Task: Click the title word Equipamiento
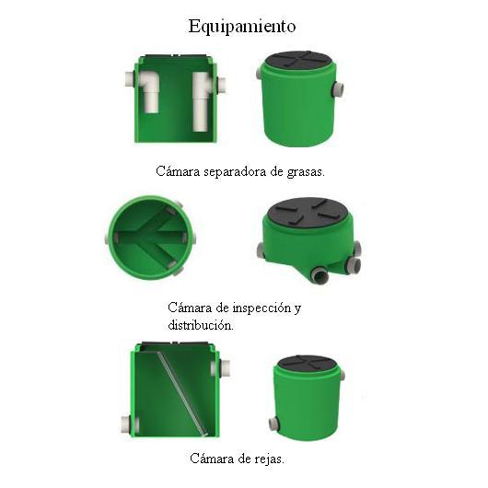tap(242, 27)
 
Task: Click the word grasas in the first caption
tap(306, 172)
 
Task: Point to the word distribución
tap(201, 325)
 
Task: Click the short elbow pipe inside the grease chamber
tap(149, 91)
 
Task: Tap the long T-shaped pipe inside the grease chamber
tap(202, 101)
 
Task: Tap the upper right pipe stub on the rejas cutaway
tap(221, 368)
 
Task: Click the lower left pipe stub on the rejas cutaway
tap(130, 424)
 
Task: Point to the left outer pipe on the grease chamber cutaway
tap(130, 80)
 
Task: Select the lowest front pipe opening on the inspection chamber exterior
tap(320, 275)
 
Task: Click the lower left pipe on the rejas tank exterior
tap(273, 424)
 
